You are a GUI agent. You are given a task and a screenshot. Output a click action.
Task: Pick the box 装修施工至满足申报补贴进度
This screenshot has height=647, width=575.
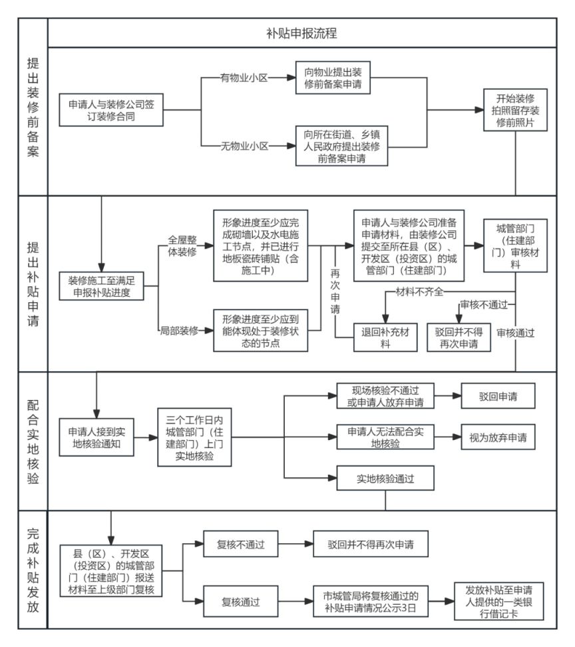pyautogui.click(x=101, y=286)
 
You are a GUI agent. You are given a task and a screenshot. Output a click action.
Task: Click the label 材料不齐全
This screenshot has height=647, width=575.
pyautogui.click(x=420, y=291)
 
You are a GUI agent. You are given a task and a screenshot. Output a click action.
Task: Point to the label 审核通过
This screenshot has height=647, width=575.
pyautogui.click(x=515, y=331)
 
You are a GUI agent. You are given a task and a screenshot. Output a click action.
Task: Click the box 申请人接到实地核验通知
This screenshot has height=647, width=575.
pyautogui.click(x=97, y=436)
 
